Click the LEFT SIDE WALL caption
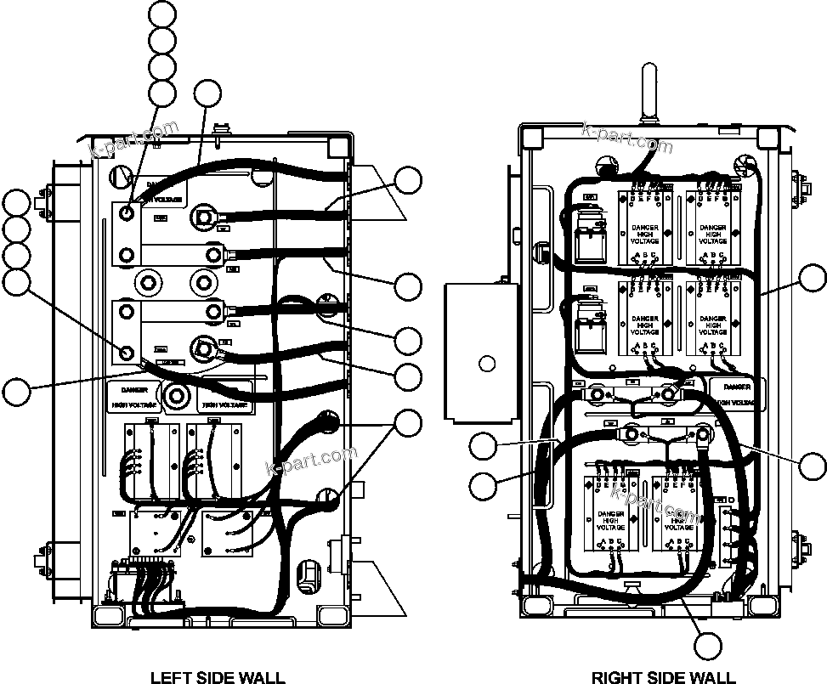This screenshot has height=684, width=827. (218, 677)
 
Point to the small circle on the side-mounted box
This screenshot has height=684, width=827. (486, 364)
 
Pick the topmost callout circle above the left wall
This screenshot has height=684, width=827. (161, 14)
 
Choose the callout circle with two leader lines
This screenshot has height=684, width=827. (410, 422)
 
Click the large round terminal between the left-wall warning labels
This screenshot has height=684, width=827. (178, 395)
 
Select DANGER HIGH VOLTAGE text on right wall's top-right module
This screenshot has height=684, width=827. (712, 235)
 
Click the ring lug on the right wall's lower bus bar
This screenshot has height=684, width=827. (703, 437)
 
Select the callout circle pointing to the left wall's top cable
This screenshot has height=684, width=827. (207, 93)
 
